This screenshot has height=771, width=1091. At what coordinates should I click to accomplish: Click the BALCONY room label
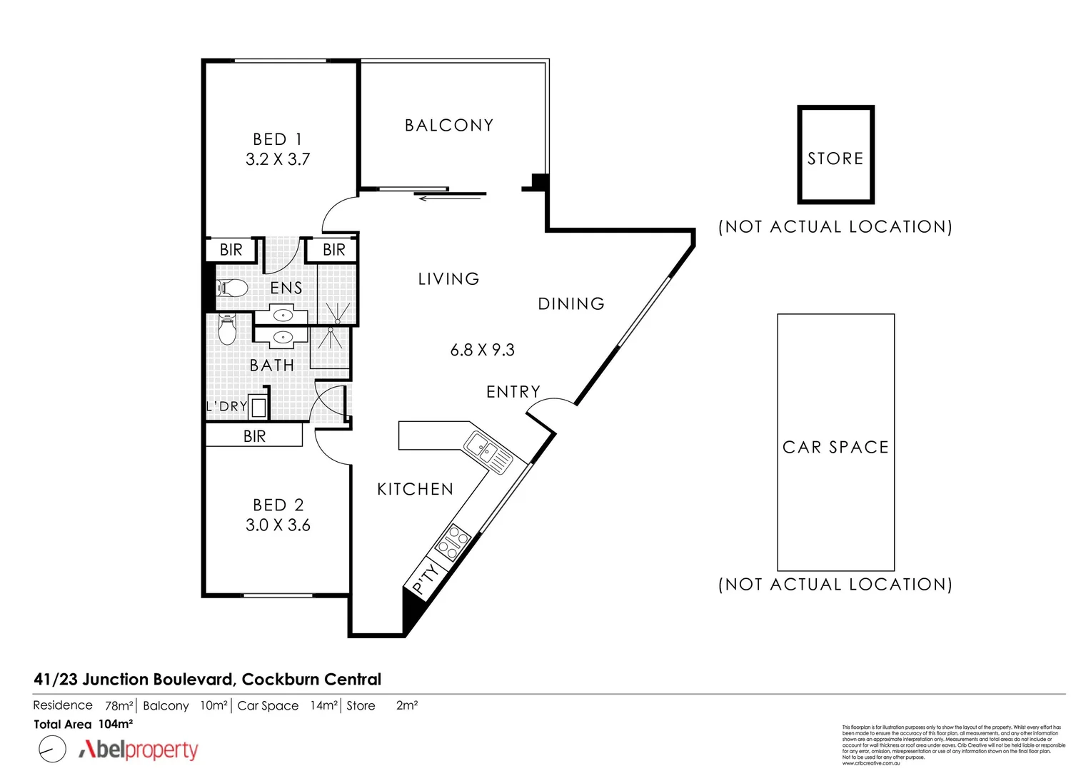[x=448, y=126]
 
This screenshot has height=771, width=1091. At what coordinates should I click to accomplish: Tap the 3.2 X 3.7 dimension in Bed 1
[x=278, y=159]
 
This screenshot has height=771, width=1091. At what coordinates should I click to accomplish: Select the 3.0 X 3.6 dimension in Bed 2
[x=278, y=525]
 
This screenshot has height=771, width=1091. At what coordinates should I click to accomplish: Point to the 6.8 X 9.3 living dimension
[x=482, y=350]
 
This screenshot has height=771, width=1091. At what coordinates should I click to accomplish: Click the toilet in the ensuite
[x=232, y=288]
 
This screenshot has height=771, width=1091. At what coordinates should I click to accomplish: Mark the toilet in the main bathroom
[x=226, y=331]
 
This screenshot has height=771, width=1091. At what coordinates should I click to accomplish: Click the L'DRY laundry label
[x=226, y=406]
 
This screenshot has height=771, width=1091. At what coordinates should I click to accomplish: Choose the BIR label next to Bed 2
[x=254, y=436]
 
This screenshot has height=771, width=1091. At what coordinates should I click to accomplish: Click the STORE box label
[x=835, y=158]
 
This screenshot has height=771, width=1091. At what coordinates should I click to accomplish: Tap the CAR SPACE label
[x=835, y=448]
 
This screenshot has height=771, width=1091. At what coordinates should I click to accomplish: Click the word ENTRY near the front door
[x=513, y=392]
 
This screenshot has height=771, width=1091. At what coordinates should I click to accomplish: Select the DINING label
[x=571, y=304]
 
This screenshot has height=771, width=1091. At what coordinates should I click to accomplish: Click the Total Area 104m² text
[x=84, y=724]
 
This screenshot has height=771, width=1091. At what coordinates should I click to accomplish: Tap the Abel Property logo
[x=138, y=750]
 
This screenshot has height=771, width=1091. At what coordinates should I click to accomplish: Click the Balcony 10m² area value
[x=213, y=705]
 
